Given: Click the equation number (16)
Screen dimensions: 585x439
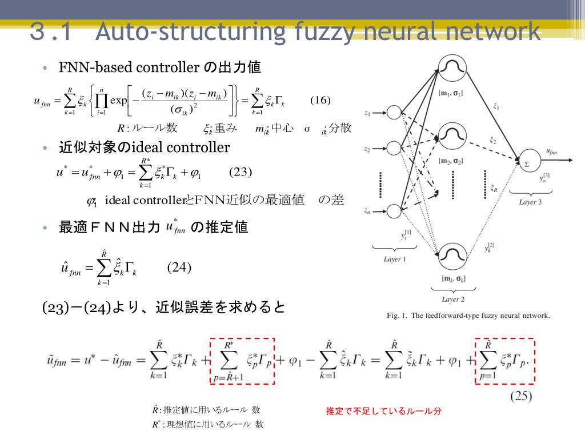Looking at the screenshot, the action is [320, 101].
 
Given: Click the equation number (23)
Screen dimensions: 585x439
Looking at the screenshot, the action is [241, 172].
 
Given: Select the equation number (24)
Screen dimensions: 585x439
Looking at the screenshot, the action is [179, 268].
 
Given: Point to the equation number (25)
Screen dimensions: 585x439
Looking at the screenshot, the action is [520, 396].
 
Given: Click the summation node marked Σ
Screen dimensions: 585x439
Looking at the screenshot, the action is [526, 162].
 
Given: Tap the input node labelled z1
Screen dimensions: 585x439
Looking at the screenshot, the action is [394, 113].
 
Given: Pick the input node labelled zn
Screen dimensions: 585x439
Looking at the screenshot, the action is [394, 211].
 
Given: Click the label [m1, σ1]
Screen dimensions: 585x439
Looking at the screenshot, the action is [451, 93].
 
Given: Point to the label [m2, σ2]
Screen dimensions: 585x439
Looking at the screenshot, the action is [451, 161].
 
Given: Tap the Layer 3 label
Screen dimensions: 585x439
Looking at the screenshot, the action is [530, 202].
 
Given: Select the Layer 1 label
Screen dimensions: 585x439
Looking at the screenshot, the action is [395, 259].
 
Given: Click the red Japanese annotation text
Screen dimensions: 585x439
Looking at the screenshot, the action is [383, 411].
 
